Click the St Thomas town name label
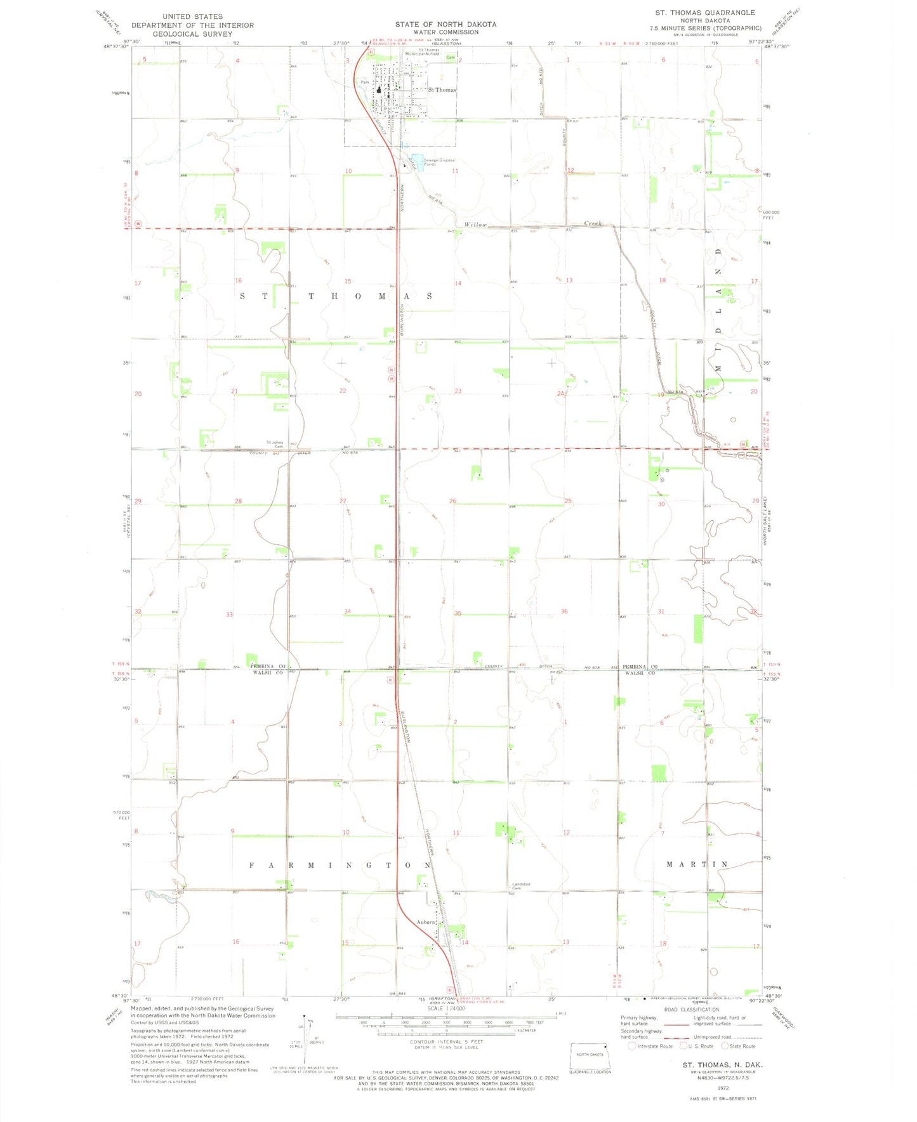(442, 90)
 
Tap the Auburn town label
(425, 922)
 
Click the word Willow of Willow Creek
(475, 225)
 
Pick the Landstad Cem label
(521, 886)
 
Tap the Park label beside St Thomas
(365, 82)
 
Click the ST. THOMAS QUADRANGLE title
(705, 13)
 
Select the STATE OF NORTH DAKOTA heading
(445, 24)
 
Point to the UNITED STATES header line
(192, 16)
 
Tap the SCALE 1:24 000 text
(446, 1008)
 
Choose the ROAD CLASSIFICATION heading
(691, 1010)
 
